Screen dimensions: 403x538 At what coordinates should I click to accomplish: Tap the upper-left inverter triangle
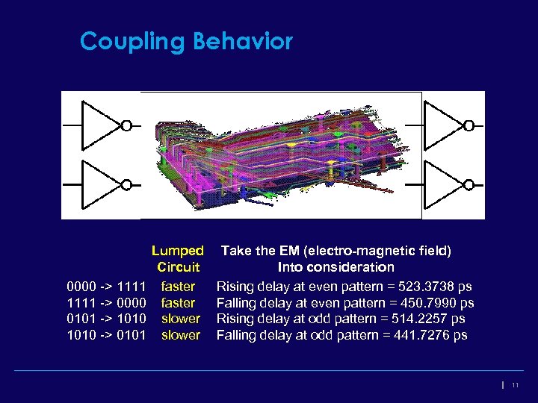click(x=99, y=125)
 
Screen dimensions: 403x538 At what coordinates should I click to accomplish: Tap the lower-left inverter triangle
click(x=99, y=184)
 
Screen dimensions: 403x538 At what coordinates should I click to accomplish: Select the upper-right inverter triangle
click(x=442, y=125)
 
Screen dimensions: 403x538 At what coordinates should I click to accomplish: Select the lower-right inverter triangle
click(x=442, y=184)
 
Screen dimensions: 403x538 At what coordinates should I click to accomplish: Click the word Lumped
click(x=177, y=251)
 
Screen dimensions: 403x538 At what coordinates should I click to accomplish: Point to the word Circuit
click(x=178, y=267)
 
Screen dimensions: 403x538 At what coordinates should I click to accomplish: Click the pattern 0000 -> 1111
click(x=105, y=287)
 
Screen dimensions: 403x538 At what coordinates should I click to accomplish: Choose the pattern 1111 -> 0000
click(x=105, y=303)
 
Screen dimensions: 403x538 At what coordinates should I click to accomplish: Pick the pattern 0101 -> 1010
click(x=105, y=319)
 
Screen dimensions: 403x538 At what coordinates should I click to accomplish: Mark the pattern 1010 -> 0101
click(x=105, y=336)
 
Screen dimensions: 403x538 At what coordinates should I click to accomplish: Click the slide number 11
click(x=516, y=385)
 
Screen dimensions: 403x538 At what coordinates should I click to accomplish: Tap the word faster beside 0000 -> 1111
click(x=178, y=287)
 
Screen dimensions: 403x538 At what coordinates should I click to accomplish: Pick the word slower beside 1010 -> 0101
click(x=181, y=336)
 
